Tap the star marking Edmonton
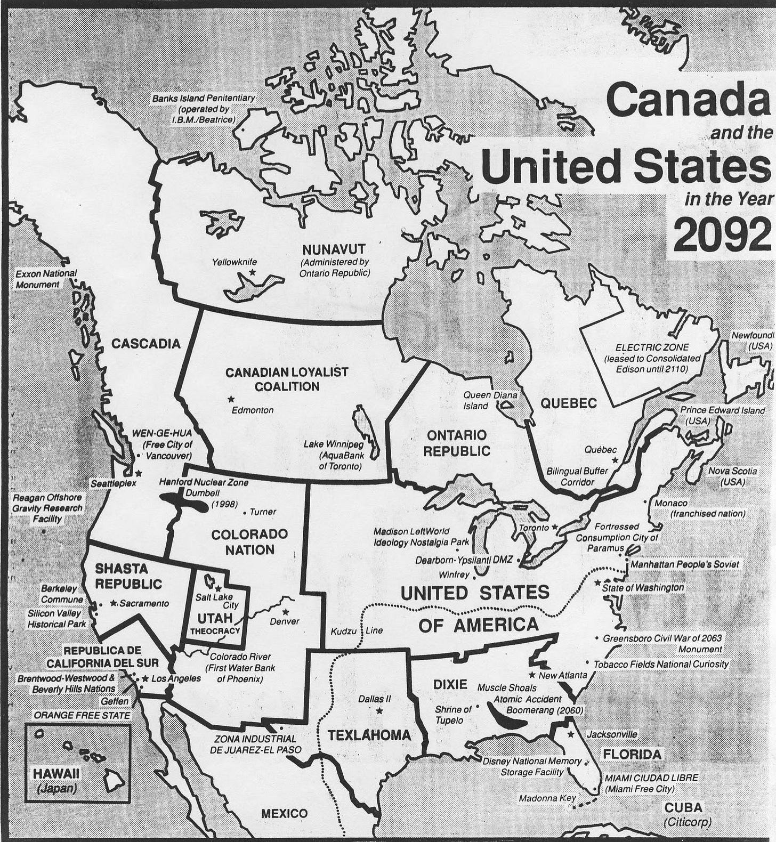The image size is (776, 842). point(231,399)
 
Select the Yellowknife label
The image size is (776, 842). point(235,262)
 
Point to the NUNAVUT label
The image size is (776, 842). point(334,249)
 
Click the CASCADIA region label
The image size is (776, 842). point(146,344)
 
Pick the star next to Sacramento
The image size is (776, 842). point(113,603)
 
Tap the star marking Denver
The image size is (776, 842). point(286,611)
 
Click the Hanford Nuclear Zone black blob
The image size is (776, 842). point(183,502)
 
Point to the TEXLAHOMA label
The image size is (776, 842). point(369,735)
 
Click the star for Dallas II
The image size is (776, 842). point(379,711)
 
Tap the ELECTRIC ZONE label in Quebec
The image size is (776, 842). point(652,347)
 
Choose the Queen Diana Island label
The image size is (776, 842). point(490,400)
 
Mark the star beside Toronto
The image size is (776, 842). point(555,527)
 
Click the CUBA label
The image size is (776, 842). point(683,807)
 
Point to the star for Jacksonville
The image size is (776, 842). point(571,734)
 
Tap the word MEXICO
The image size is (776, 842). point(284,813)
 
